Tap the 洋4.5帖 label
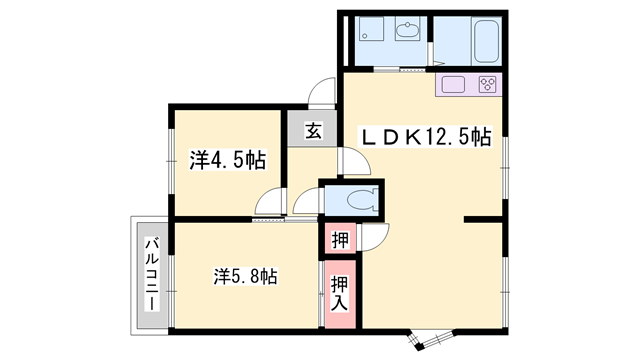coord(228,159)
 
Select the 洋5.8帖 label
coord(244,277)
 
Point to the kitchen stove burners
coord(488,83)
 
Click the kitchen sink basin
coord(449,83)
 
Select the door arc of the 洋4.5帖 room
coord(268,202)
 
